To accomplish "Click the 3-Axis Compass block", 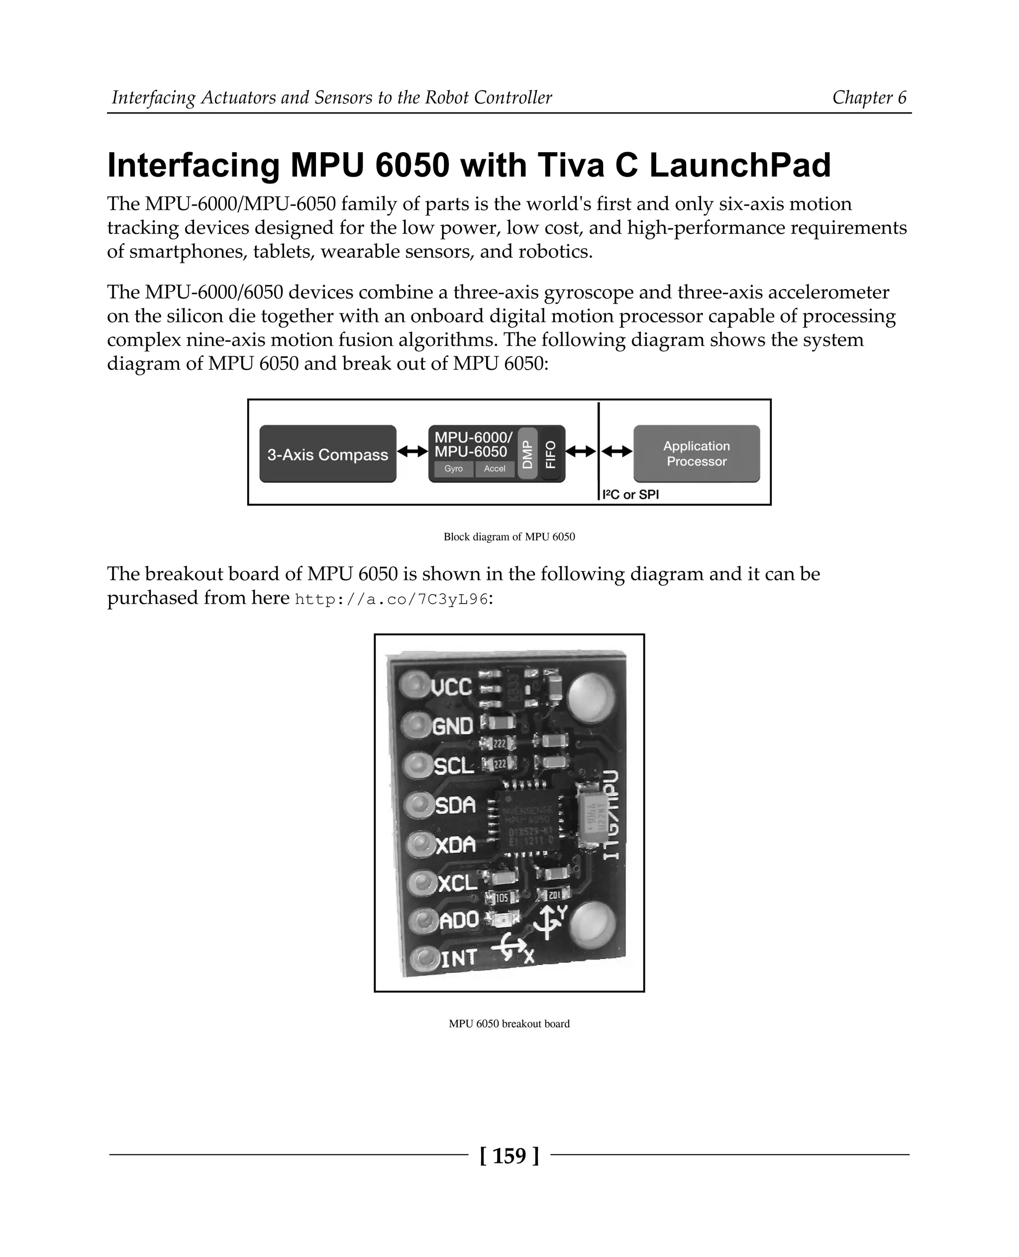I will (x=327, y=454).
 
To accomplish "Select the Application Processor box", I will (x=696, y=454).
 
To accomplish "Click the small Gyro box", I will (x=453, y=468).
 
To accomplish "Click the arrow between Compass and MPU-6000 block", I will (x=412, y=451).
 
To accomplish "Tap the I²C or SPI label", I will (x=630, y=495).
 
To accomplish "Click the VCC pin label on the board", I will (x=451, y=687).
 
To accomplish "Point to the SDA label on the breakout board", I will (x=455, y=805).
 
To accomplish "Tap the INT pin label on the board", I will (x=458, y=959).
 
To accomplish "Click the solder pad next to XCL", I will (x=421, y=882).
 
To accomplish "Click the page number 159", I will (x=509, y=1155).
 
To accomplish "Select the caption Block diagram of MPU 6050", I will (x=509, y=536).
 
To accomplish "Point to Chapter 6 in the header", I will (x=869, y=98).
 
